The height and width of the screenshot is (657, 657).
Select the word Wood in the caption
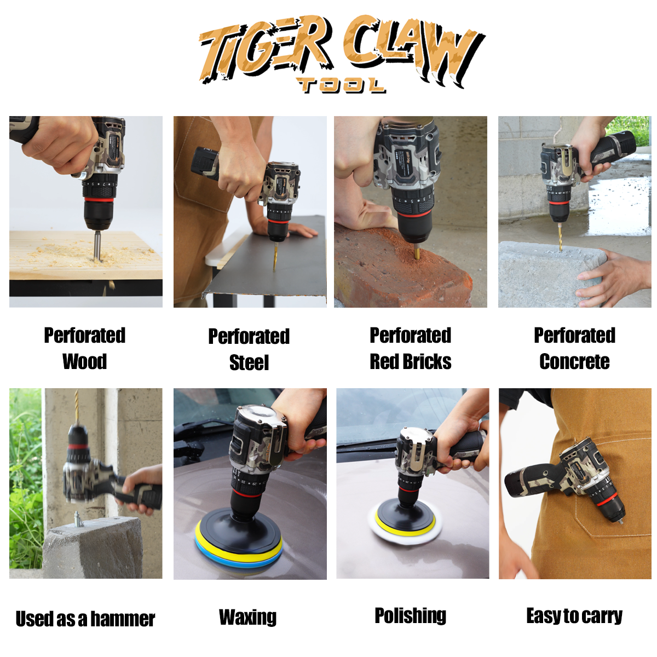pyautogui.click(x=84, y=361)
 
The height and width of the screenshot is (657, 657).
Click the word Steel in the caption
pyautogui.click(x=249, y=362)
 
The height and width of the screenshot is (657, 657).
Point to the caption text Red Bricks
pyautogui.click(x=410, y=361)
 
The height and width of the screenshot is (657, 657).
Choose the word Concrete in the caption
pyautogui.click(x=574, y=361)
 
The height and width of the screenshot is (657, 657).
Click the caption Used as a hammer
pyautogui.click(x=85, y=619)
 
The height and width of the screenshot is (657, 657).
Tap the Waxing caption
pyautogui.click(x=247, y=617)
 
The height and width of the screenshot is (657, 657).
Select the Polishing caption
pyautogui.click(x=410, y=615)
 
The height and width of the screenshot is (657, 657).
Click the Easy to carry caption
pyautogui.click(x=574, y=616)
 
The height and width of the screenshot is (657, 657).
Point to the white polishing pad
pyautogui.click(x=405, y=523)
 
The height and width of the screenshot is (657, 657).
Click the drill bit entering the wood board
pyautogui.click(x=97, y=245)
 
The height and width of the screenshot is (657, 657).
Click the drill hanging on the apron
pyautogui.click(x=569, y=479)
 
